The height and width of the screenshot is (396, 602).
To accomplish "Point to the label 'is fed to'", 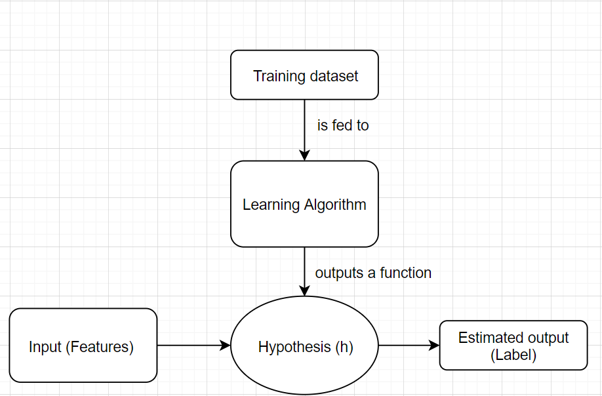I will point(343,125).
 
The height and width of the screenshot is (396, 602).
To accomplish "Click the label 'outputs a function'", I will point(373,273).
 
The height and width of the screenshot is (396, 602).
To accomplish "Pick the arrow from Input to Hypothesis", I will point(193,345).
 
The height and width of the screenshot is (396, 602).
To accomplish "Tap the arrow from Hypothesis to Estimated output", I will point(409,345).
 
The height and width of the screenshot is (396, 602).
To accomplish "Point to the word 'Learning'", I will point(271,205).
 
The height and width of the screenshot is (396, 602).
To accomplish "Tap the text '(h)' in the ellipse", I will point(344,347).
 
